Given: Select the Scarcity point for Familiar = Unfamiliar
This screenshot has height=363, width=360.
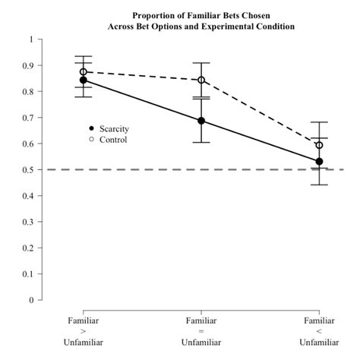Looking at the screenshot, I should pyautogui.click(x=201, y=121).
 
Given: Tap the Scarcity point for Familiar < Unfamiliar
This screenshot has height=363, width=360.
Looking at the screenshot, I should pyautogui.click(x=319, y=161).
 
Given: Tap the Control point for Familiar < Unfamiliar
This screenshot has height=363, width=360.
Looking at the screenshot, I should pyautogui.click(x=319, y=145).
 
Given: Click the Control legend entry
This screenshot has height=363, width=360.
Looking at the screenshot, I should pyautogui.click(x=107, y=140).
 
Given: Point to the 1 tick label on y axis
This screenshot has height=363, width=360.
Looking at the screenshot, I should pyautogui.click(x=30, y=39).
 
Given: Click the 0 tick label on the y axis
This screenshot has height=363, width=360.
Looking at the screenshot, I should pyautogui.click(x=30, y=300).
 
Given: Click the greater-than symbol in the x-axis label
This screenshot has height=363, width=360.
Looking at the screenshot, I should pyautogui.click(x=84, y=332).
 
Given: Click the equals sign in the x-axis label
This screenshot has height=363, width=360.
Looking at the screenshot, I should pyautogui.click(x=201, y=332).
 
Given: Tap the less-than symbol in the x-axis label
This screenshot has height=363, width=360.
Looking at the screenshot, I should pyautogui.click(x=319, y=332).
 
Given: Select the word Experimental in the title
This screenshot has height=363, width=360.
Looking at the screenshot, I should pyautogui.click(x=226, y=26).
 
